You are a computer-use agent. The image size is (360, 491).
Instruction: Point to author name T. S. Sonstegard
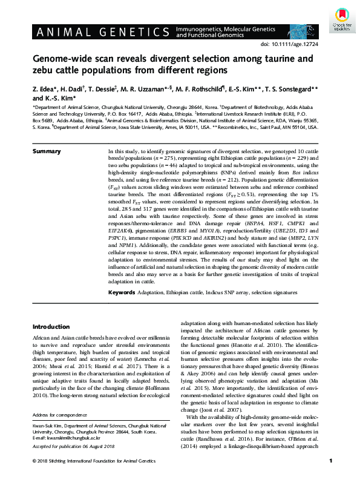tap(296, 89)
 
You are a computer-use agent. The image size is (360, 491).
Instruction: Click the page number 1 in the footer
tap(330, 478)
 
